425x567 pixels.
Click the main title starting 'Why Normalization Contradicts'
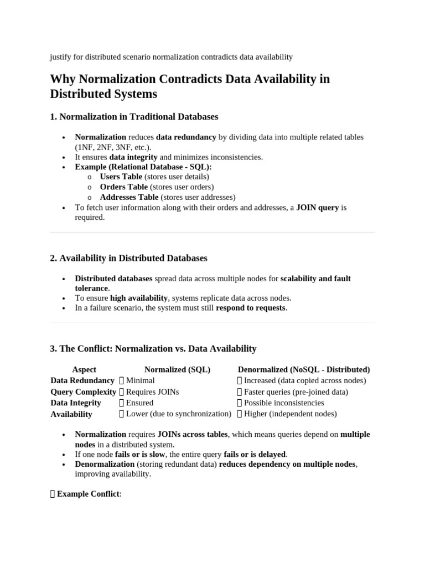190,86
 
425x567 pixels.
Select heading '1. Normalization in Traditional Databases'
134,117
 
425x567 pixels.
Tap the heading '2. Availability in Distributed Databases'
128,258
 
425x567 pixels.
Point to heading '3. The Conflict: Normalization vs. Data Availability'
153,348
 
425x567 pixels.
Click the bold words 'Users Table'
121,177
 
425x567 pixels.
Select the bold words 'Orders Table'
123,187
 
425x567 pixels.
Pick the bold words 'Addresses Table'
129,197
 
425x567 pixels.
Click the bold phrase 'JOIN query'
317,208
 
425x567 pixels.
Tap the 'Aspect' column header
84,369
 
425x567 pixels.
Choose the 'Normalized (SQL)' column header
177,369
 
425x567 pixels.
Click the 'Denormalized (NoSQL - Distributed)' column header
304,369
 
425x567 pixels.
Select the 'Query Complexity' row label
83,391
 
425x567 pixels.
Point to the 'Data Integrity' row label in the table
76,403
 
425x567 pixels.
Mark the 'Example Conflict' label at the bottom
88,493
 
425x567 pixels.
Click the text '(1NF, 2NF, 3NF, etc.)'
113,147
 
